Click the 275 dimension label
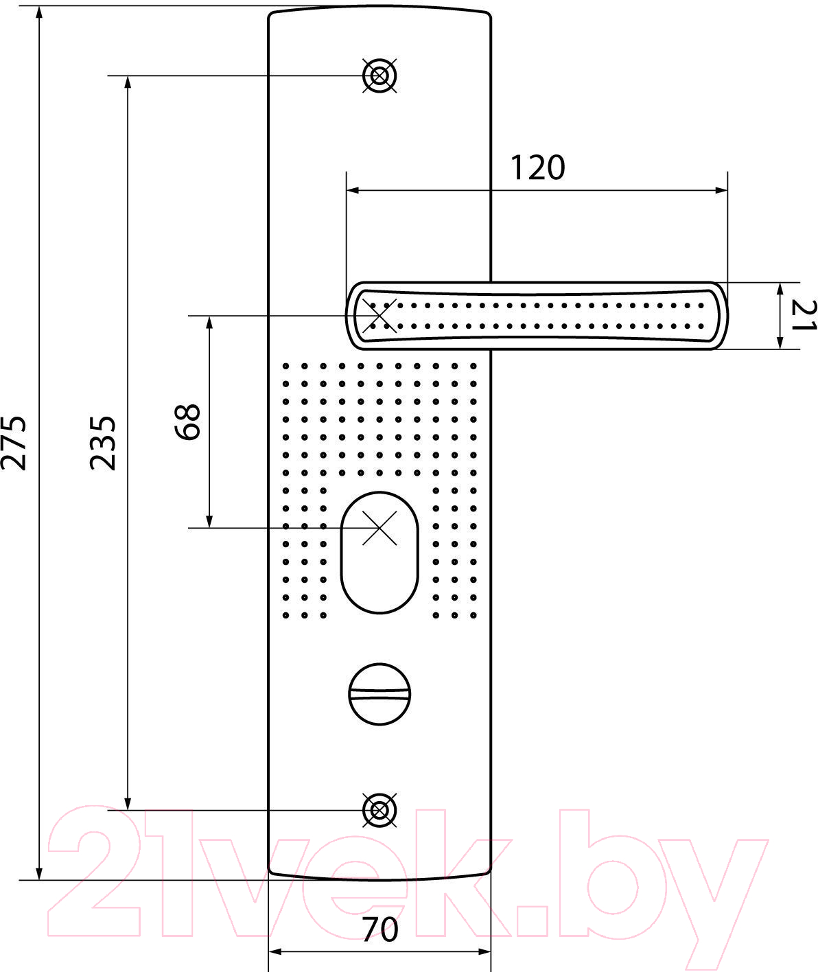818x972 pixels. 14,443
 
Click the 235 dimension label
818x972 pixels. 102,443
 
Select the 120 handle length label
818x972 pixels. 538,167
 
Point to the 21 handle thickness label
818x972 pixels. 804,315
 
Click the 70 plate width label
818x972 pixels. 380,930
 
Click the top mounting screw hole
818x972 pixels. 379,76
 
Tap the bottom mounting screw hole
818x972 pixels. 379,811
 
